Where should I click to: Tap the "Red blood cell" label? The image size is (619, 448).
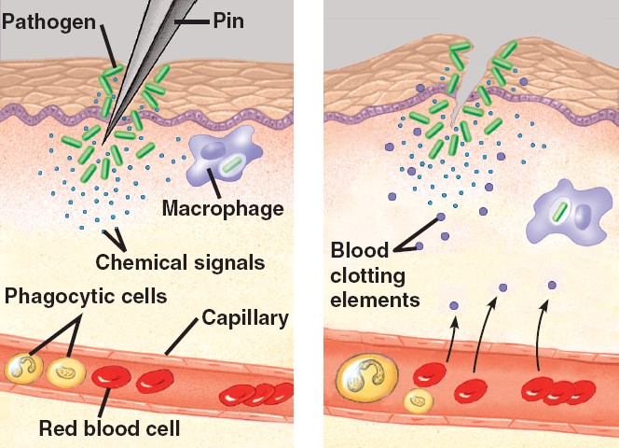point(109,428)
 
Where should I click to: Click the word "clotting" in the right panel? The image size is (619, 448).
point(370,275)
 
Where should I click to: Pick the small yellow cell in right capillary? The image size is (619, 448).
point(419,400)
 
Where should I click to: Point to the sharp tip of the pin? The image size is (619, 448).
point(104,145)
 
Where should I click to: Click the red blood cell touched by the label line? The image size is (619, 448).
point(113,377)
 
